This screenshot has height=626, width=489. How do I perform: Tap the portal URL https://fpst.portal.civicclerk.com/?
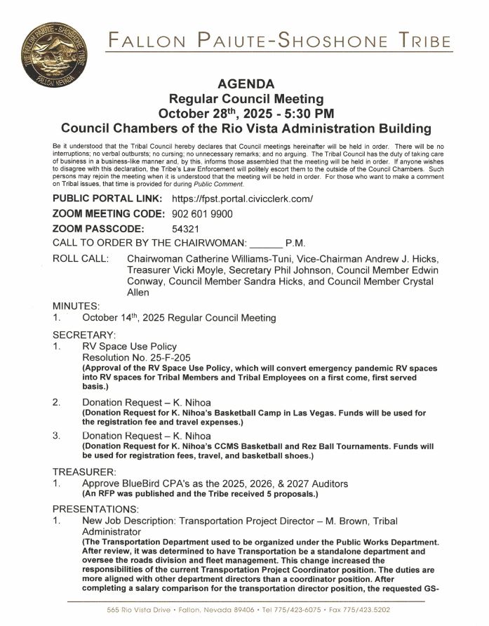coord(242,199)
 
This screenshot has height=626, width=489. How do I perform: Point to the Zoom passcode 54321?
coord(186,229)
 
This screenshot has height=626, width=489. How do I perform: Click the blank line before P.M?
coord(266,244)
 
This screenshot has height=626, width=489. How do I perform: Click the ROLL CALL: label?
coord(80,259)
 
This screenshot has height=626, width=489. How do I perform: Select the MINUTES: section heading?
coord(76,306)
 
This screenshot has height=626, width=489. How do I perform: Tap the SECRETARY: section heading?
coord(84,335)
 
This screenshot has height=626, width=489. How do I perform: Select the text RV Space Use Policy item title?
coord(130,347)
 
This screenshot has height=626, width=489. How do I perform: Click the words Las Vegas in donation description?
coord(310,413)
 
